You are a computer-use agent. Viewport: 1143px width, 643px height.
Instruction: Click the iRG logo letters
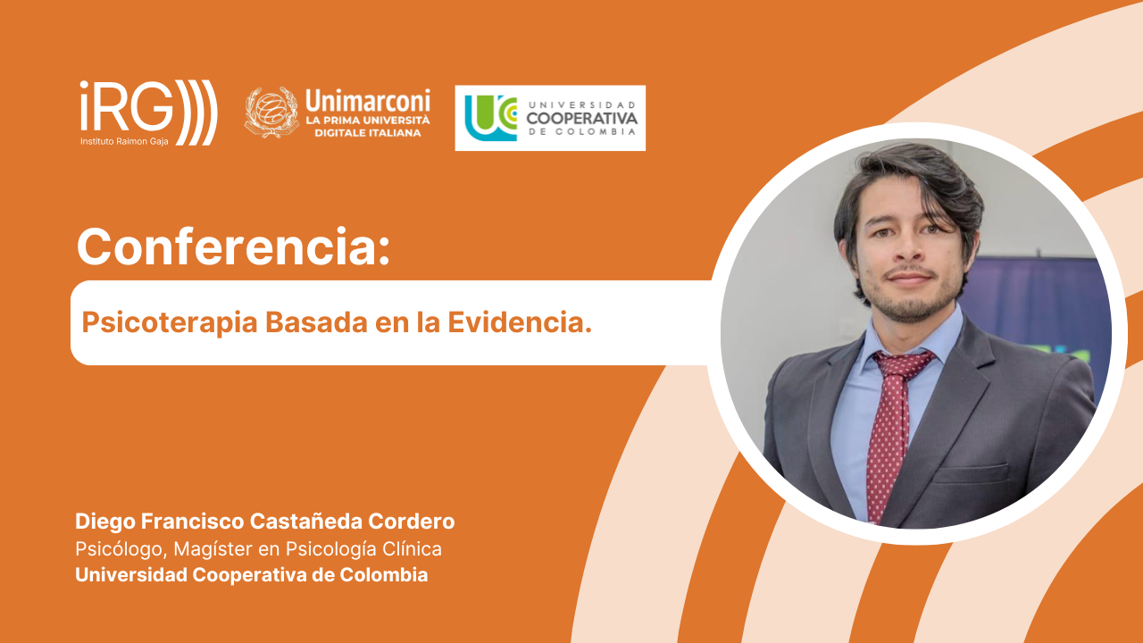click(x=127, y=105)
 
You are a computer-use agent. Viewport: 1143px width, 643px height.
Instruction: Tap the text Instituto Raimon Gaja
click(x=124, y=141)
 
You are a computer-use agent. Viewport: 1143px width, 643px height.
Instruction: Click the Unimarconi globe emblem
click(x=271, y=113)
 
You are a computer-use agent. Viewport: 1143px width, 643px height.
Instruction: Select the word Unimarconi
click(x=368, y=101)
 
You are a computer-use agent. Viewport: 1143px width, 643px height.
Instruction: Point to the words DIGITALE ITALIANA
click(x=367, y=133)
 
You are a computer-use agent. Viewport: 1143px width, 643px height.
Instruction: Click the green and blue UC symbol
click(x=491, y=118)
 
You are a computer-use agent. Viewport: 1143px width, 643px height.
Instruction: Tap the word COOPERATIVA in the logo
click(x=581, y=119)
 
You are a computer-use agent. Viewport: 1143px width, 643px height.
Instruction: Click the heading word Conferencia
click(x=233, y=246)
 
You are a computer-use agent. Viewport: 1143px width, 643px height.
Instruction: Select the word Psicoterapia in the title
click(x=169, y=323)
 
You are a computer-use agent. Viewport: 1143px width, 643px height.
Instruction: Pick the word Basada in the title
click(x=316, y=322)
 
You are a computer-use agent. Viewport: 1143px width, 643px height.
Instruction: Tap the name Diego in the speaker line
click(x=105, y=522)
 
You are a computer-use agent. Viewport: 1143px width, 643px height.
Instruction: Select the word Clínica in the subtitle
click(x=412, y=549)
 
